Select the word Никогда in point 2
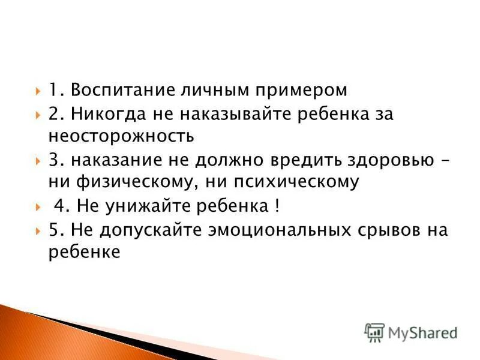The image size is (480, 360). point(105,114)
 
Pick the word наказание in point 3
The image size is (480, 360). point(112,160)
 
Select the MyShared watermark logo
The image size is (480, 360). point(411,332)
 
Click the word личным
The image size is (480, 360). point(211,91)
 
